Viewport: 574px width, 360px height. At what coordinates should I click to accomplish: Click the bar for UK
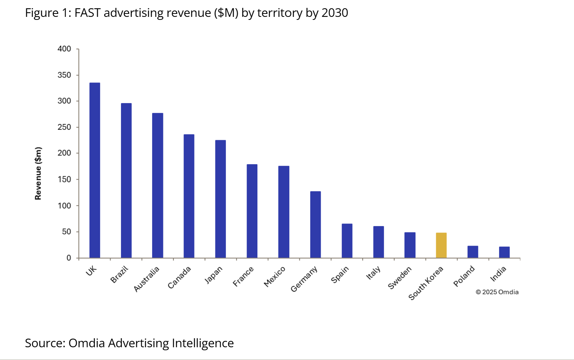(94, 170)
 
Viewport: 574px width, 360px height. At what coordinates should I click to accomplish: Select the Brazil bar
(126, 180)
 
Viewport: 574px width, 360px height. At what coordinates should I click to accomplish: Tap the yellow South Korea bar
(441, 245)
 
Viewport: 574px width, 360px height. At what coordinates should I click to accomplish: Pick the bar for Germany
(315, 225)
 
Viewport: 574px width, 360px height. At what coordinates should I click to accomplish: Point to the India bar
(504, 252)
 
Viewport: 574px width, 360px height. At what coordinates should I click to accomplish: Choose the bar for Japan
(221, 199)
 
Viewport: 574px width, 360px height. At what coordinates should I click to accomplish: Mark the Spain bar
(347, 241)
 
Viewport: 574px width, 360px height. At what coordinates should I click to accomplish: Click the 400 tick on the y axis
(64, 49)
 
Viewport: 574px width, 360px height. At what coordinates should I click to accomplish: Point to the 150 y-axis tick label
(64, 179)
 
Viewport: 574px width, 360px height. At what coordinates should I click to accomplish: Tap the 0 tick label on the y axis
(69, 258)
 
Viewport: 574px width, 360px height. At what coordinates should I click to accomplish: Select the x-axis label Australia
(146, 279)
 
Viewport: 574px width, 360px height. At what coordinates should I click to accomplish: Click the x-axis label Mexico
(275, 276)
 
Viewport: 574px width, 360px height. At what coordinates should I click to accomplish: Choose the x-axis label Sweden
(400, 277)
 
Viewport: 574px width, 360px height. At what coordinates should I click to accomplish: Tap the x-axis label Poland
(464, 276)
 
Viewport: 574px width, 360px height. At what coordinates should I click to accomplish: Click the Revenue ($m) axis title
(38, 173)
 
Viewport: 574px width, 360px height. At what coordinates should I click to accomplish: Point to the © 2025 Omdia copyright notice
(497, 292)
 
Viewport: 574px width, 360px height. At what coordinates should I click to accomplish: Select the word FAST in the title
(87, 13)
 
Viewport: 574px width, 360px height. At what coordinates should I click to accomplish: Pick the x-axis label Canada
(179, 277)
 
